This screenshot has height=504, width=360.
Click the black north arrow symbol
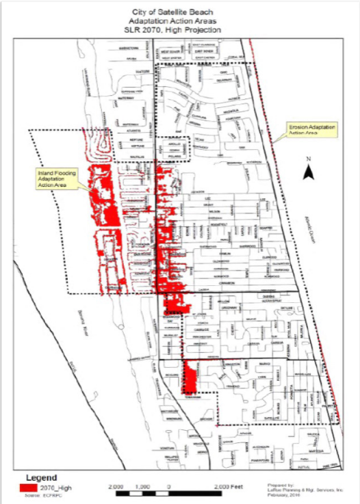tap(309, 172)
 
